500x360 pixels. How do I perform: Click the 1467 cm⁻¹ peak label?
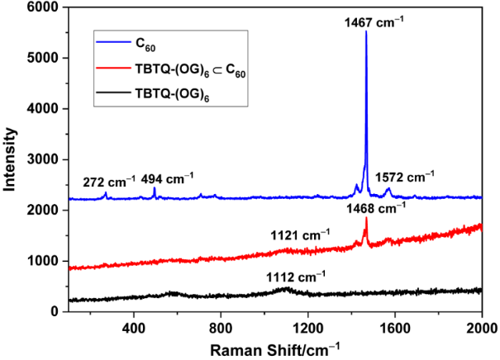[374, 22]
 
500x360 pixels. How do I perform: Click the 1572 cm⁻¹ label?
[405, 178]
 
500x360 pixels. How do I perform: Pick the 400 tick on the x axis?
[133, 326]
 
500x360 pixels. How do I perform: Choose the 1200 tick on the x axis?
[307, 326]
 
